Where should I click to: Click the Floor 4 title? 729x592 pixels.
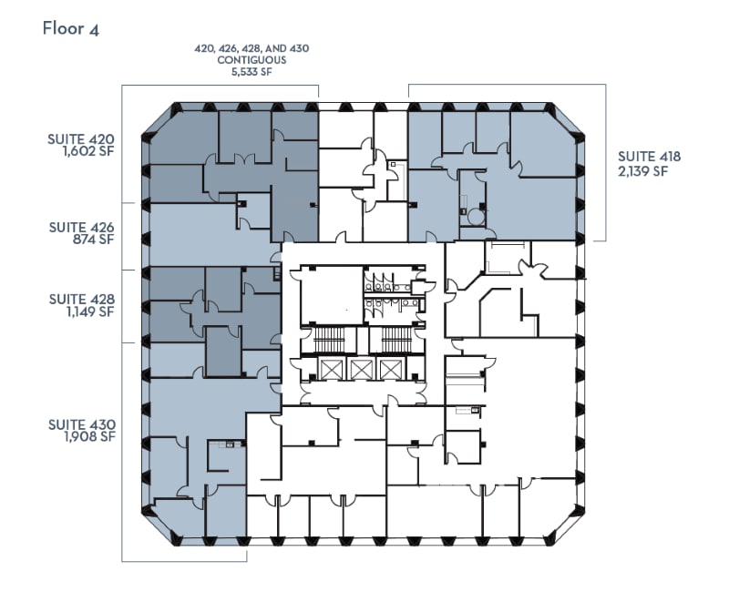pos(71,28)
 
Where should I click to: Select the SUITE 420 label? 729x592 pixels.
pos(81,140)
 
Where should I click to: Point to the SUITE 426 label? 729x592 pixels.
pos(81,227)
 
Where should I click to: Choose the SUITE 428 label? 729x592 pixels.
pos(81,298)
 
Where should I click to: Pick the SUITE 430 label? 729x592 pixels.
pos(81,424)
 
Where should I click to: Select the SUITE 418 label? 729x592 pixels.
pos(649,156)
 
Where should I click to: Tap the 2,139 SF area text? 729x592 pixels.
pos(649,170)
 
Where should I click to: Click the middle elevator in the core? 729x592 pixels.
pos(362,369)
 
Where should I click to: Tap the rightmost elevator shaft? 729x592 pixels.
pos(391,369)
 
